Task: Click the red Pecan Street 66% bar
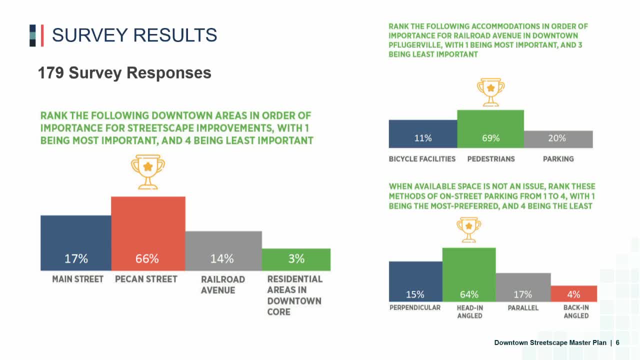point(148,233)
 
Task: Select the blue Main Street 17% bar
point(76,243)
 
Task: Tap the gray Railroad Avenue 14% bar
point(223,250)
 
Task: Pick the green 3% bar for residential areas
point(296,259)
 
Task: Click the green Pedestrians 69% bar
point(490,129)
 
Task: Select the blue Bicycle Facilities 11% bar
point(423,134)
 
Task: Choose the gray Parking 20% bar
point(558,139)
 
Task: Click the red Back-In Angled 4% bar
point(573,293)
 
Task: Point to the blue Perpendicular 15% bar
point(415,281)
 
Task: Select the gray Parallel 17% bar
point(523,287)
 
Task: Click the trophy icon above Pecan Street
point(147,171)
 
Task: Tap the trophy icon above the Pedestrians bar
point(490,91)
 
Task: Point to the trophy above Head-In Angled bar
point(468,229)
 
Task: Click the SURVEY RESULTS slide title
point(134,35)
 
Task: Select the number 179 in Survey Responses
point(51,73)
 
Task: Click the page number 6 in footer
point(617,342)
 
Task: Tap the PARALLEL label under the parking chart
point(523,308)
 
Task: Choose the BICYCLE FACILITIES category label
point(422,159)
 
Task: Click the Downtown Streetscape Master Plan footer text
point(550,342)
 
